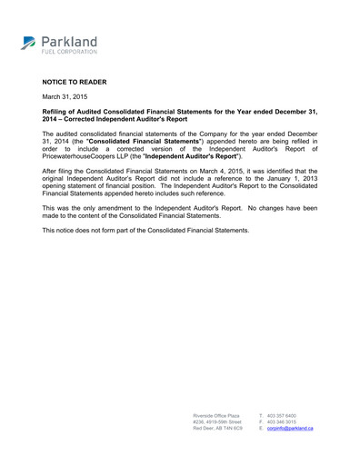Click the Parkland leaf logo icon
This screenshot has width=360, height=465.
coord(28,42)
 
